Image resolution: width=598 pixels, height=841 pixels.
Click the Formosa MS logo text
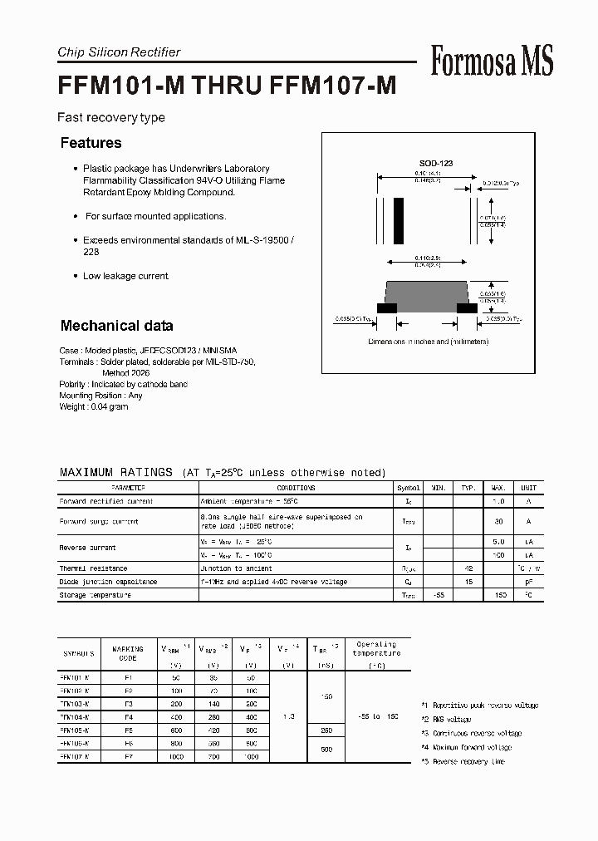coord(492,61)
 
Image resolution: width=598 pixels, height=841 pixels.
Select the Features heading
coord(91,143)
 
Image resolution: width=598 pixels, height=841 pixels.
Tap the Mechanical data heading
coord(116,326)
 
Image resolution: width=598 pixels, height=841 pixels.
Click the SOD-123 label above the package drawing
coord(435,164)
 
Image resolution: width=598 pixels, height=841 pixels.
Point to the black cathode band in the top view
coord(399,220)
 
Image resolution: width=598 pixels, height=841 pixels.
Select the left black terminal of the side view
coord(386,307)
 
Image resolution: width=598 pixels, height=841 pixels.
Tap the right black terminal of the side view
coord(468,307)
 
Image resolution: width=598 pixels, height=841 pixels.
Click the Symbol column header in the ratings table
coord(408,489)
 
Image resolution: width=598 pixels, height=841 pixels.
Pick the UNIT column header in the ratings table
coord(528,489)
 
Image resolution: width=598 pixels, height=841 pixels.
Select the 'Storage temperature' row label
coord(95,595)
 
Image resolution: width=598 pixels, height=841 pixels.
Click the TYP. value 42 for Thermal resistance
coord(468,568)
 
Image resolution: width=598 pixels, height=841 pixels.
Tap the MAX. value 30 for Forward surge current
coord(499,521)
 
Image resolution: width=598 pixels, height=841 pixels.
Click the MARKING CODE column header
coord(127,654)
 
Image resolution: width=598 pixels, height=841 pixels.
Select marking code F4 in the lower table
coord(127,716)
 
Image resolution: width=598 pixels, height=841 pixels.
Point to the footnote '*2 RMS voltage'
coord(446,720)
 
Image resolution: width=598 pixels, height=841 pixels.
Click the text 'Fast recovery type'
coord(111,118)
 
